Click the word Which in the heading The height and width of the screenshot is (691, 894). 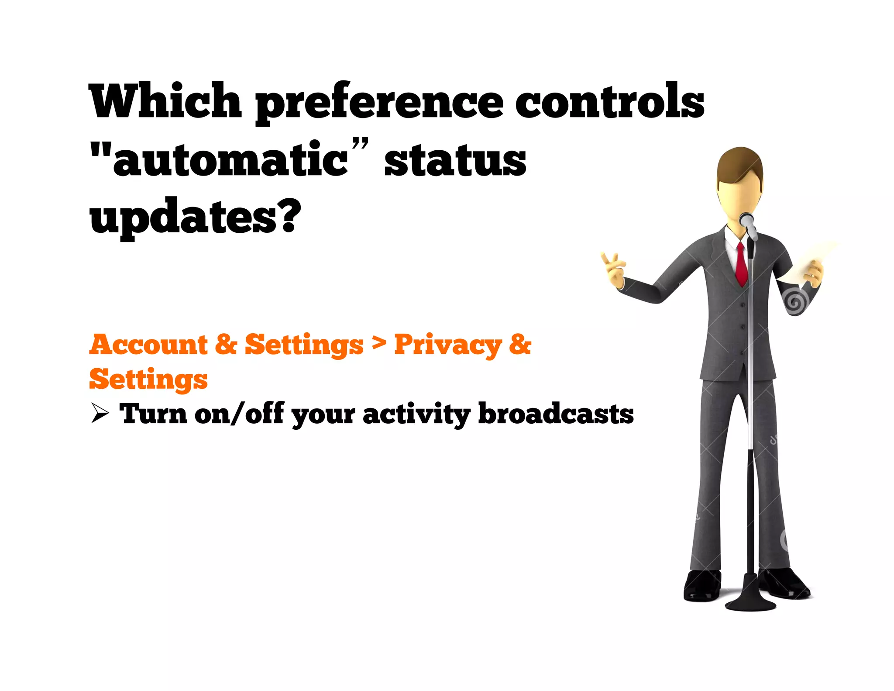[x=165, y=101]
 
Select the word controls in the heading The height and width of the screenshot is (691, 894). [x=609, y=101]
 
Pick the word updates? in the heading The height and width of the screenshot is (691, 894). [x=195, y=217]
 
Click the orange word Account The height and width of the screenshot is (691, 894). [x=148, y=345]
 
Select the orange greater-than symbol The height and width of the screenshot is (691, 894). [x=379, y=344]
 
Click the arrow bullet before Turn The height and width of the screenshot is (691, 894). [x=100, y=414]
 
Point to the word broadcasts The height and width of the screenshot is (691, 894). [x=555, y=414]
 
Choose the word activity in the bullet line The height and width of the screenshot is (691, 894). [x=416, y=415]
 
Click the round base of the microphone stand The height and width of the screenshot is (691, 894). [x=750, y=605]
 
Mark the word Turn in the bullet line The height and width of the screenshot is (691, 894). [x=153, y=414]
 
